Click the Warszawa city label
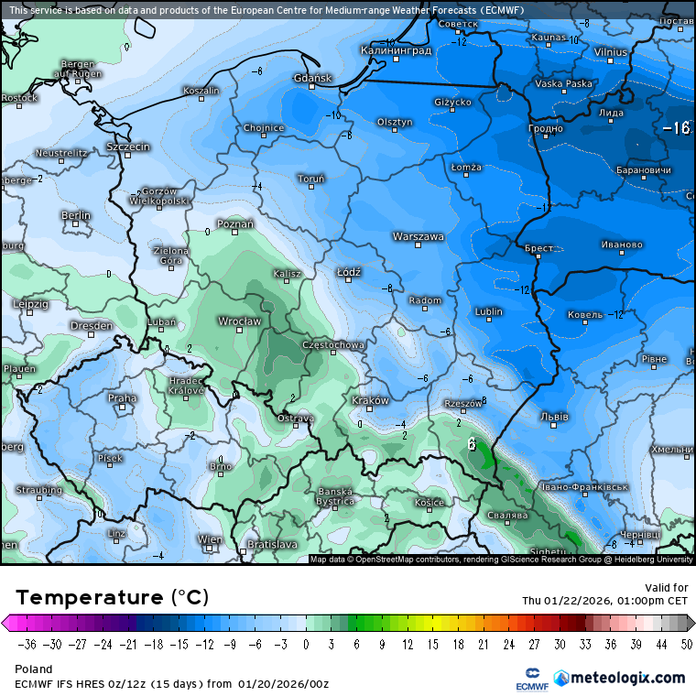tap(419, 236)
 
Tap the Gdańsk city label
tap(312, 79)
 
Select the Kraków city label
tap(371, 400)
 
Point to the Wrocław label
tap(239, 321)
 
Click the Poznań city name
tap(235, 223)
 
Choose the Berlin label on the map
tap(76, 215)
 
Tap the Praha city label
tap(122, 398)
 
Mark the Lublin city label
tap(489, 311)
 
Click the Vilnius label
tap(611, 52)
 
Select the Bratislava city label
tap(272, 544)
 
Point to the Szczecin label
tap(127, 147)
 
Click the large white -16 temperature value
tap(676, 128)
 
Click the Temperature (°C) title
tap(112, 598)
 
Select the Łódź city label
tap(349, 272)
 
